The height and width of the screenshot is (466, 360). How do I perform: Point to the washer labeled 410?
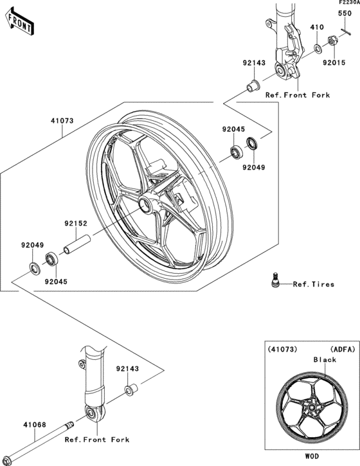(318, 49)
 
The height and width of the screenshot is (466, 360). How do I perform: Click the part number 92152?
(75, 224)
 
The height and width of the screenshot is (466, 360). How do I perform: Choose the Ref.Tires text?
(313, 284)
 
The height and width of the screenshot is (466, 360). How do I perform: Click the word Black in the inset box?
(325, 360)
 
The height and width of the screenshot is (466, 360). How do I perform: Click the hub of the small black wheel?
(310, 406)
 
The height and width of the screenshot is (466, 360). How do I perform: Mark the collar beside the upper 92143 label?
(253, 84)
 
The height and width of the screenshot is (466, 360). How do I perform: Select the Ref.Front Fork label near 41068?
(97, 440)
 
